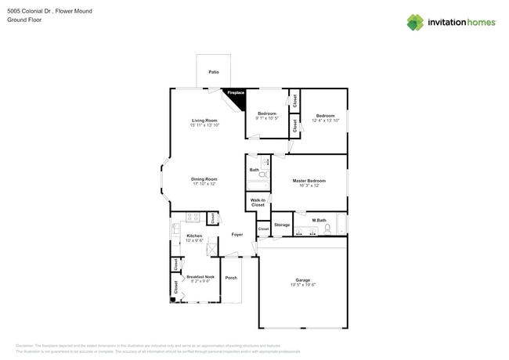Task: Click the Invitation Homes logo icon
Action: (x=414, y=23)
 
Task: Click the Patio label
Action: (x=214, y=72)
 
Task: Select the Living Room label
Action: (x=204, y=121)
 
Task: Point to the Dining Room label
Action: (x=204, y=179)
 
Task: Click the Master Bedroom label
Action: (x=309, y=181)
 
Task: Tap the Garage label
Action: (x=302, y=279)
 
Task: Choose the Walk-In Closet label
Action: (x=258, y=203)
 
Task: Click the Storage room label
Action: (x=282, y=225)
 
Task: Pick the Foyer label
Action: (x=236, y=235)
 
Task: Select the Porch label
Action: (x=231, y=278)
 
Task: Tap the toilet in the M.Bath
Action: (x=328, y=229)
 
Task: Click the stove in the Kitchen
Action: (x=192, y=218)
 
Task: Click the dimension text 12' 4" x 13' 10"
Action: (x=325, y=121)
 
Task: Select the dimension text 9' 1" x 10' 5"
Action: (x=267, y=118)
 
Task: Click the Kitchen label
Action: (x=194, y=236)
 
